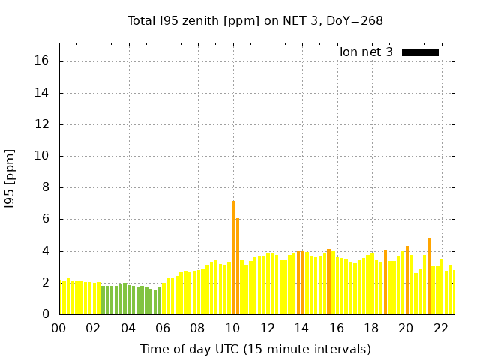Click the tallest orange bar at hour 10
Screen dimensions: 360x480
coord(233,257)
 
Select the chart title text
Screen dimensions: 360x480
coord(255,20)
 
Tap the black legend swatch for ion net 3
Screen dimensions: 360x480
coord(420,52)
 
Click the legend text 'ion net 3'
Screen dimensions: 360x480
coord(366,52)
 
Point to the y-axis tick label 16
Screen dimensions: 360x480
coord(42,61)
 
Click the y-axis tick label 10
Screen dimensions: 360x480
coord(42,157)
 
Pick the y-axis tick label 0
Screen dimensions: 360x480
coord(46,314)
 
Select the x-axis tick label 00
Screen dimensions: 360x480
coord(58,328)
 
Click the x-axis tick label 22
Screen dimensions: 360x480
coord(441,328)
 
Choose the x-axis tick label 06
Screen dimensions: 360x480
coord(163,328)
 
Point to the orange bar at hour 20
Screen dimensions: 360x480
coord(407,280)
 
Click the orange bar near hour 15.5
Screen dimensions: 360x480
coord(328,281)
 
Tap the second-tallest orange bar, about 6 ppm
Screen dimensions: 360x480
coord(238,266)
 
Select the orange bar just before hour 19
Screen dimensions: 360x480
coord(385,282)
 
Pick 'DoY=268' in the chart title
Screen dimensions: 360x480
coord(357,20)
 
